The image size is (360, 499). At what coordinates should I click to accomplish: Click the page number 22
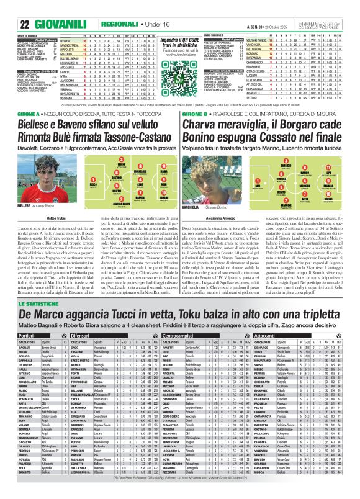pos(9,7)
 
